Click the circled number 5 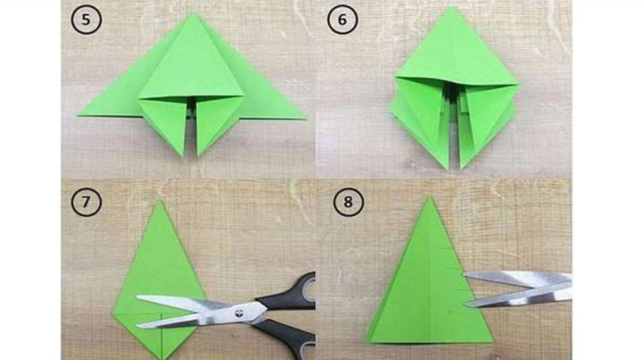86,19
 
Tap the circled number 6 342,19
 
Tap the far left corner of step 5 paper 78,115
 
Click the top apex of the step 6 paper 452,7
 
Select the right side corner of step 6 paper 518,85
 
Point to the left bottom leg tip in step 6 448,169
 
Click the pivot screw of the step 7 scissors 239,314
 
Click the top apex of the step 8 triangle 429,198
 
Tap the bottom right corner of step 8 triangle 493,341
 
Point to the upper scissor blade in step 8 518,279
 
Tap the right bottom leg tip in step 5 198,156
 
